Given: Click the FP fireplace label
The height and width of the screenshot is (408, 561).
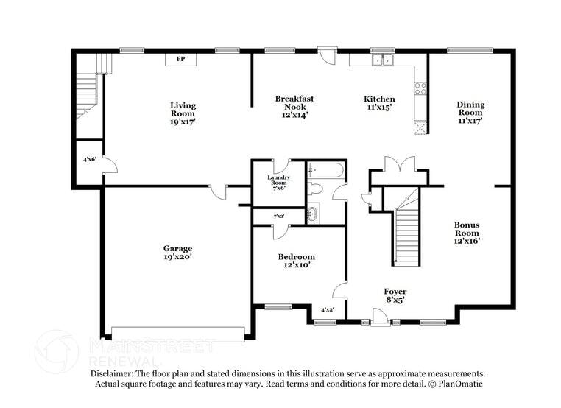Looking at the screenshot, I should (180, 58).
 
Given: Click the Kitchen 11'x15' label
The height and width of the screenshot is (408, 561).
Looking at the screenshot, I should (379, 103).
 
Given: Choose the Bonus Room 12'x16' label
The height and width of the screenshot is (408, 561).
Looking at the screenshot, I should (467, 232).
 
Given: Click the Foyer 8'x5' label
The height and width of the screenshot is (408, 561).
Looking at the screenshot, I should (395, 295).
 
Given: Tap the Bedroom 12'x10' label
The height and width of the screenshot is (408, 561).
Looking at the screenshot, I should (296, 261).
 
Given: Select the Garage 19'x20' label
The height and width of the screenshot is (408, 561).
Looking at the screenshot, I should (178, 253).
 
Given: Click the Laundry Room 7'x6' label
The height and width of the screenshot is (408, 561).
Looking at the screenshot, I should (278, 182).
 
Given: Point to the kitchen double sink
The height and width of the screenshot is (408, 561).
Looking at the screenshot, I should (382, 60).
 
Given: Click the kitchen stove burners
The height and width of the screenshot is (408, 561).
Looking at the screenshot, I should (421, 88).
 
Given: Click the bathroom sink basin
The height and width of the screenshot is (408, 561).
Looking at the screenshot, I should (312, 214).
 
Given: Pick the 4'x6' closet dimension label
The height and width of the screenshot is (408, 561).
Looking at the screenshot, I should (89, 159).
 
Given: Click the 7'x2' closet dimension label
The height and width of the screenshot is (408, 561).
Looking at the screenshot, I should (279, 217).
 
